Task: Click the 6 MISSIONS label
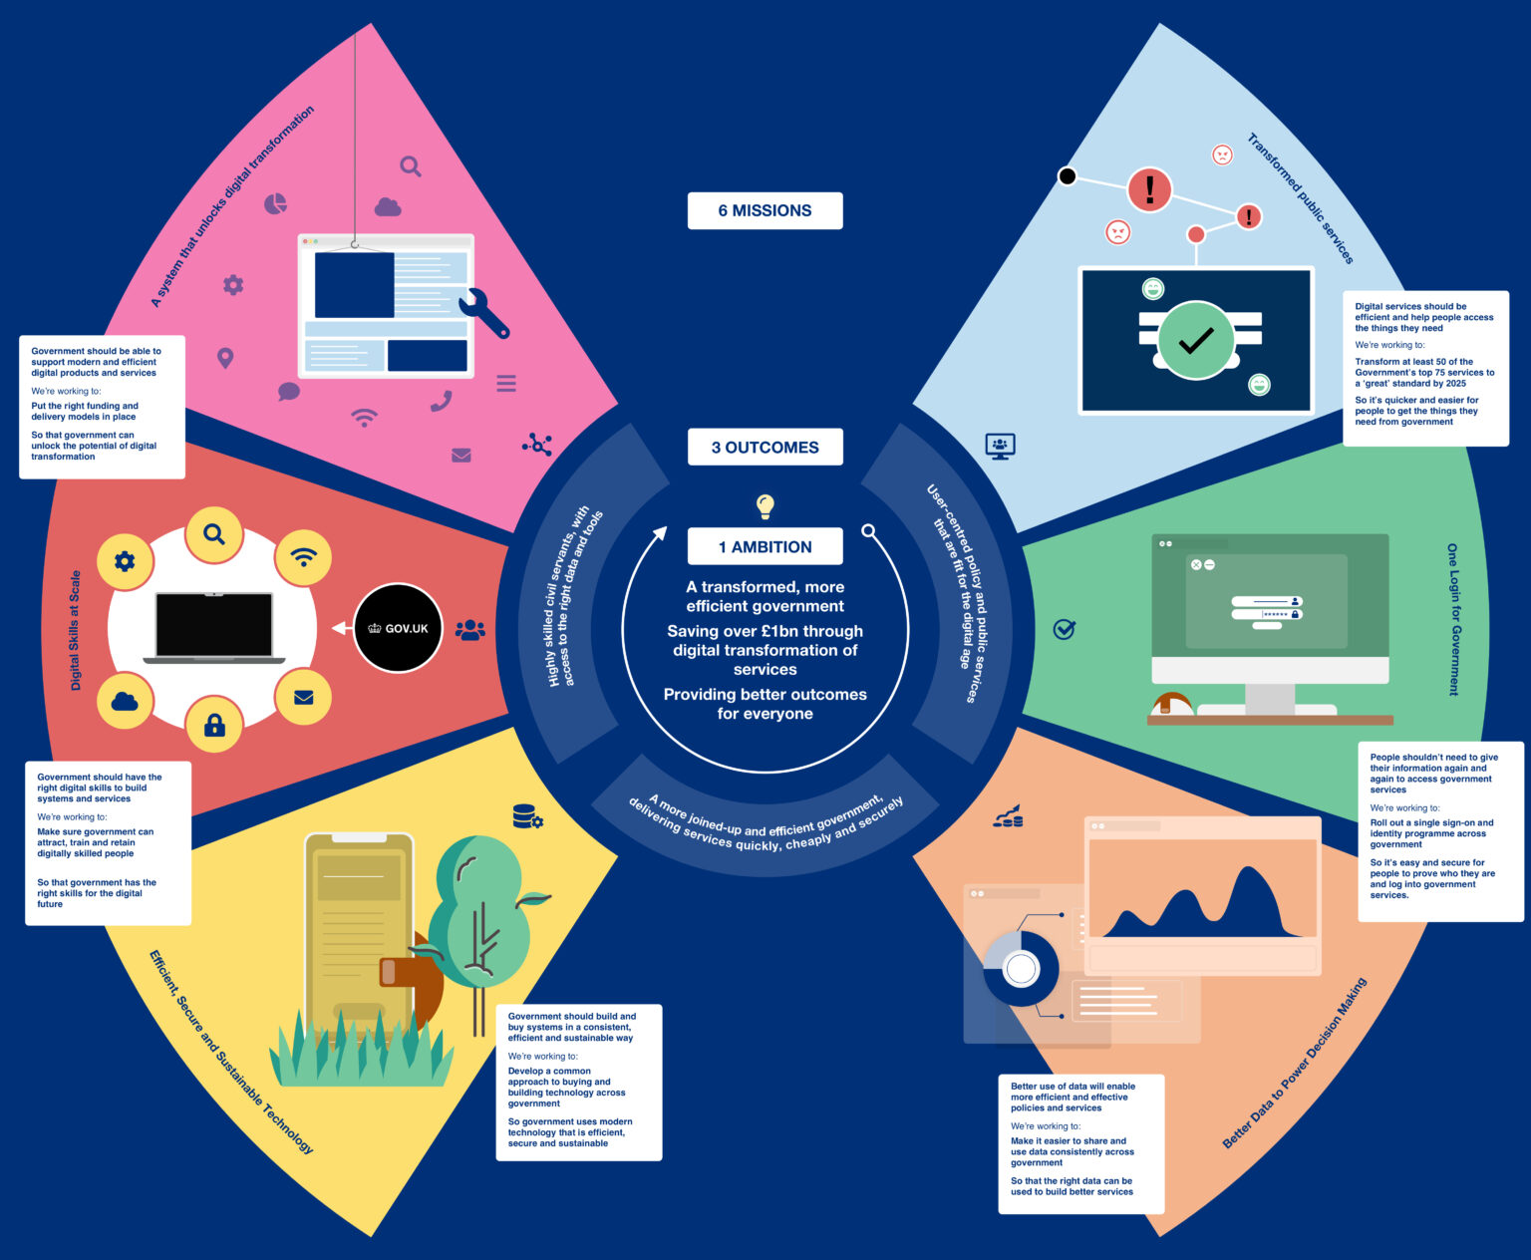pyautogui.click(x=765, y=210)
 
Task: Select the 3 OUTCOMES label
pyautogui.click(x=765, y=448)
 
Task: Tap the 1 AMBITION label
pyautogui.click(x=765, y=546)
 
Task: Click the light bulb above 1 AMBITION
pyautogui.click(x=765, y=505)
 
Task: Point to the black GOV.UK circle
pyautogui.click(x=398, y=628)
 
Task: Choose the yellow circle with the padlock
pyautogui.click(x=214, y=724)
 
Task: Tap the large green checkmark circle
pyautogui.click(x=1196, y=340)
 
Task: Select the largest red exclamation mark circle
pyautogui.click(x=1149, y=188)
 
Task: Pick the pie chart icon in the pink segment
pyautogui.click(x=275, y=203)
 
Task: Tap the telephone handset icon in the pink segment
pyautogui.click(x=441, y=401)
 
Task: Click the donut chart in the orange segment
pyautogui.click(x=1021, y=968)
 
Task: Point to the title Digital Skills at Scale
pyautogui.click(x=76, y=630)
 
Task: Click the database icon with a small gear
pyautogui.click(x=527, y=817)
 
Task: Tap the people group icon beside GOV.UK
pyautogui.click(x=469, y=630)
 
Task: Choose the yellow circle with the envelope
pyautogui.click(x=304, y=698)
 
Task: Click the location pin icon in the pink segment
pyautogui.click(x=225, y=358)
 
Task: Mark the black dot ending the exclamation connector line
pyautogui.click(x=1067, y=176)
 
